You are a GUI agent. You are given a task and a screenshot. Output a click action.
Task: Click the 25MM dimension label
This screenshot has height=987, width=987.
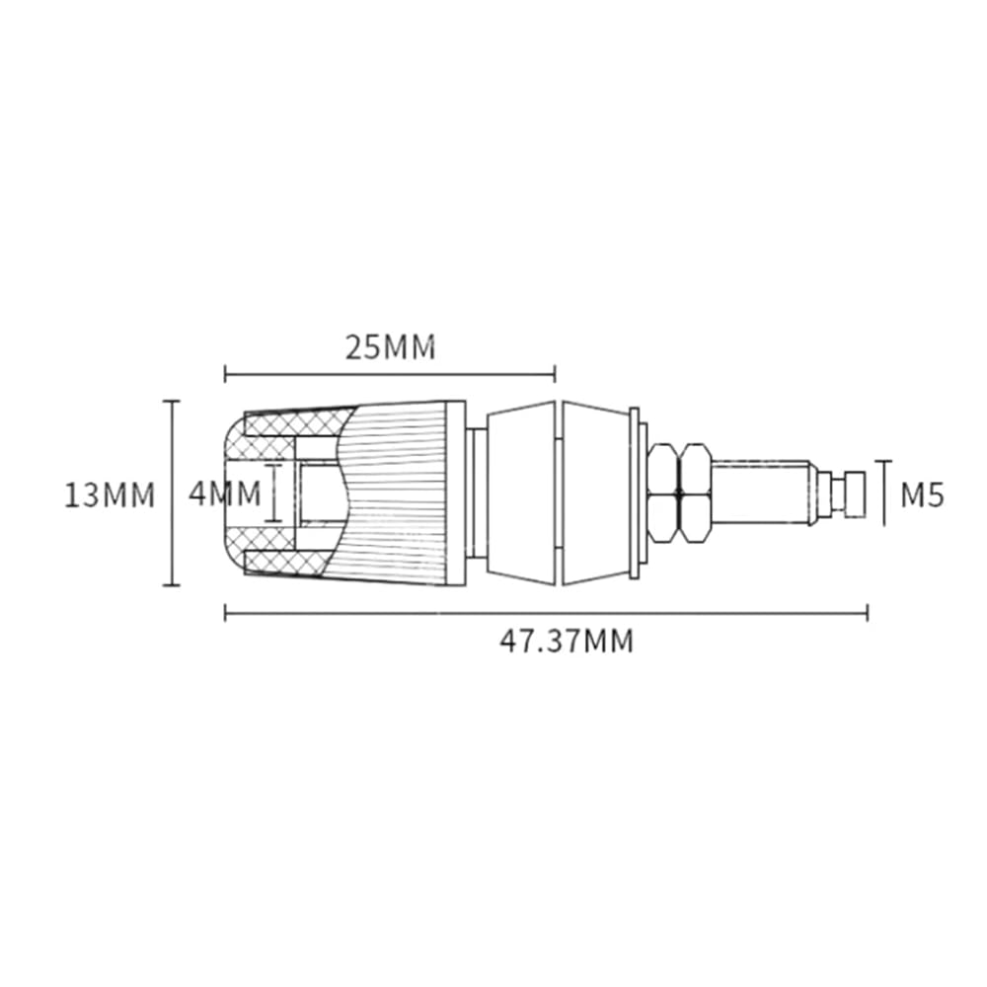pos(390,347)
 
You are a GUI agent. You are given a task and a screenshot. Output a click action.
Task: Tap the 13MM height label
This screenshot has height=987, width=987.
pos(110,494)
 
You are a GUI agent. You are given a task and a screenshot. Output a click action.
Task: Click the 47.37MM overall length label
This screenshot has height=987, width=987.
pos(567,642)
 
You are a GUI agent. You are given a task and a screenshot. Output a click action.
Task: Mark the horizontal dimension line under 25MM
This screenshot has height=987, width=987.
pos(390,376)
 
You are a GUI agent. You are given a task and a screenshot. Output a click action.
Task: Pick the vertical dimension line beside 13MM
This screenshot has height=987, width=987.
pos(171,493)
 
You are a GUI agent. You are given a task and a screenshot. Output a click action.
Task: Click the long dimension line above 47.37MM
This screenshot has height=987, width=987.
pos(547,613)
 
